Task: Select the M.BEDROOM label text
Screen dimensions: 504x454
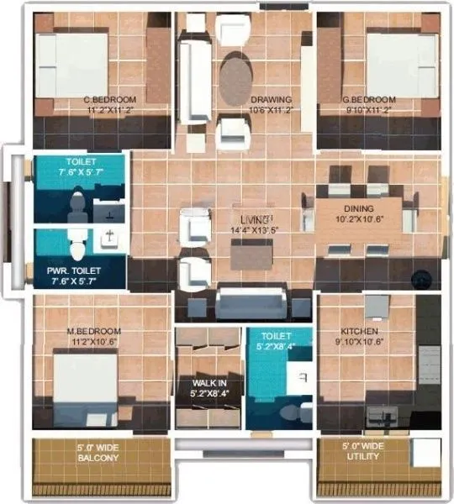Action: (x=93, y=330)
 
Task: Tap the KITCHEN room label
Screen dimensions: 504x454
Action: (x=363, y=330)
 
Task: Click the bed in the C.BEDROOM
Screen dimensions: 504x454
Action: (x=73, y=66)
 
